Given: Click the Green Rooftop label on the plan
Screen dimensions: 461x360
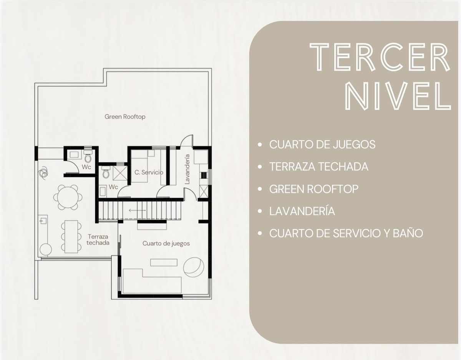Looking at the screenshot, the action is point(125,117).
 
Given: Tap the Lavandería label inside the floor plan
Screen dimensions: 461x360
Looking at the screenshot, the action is point(187,169).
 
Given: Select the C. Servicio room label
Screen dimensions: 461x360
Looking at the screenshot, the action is point(149,172).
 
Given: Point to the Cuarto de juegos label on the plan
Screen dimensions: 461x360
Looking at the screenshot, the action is point(166,243).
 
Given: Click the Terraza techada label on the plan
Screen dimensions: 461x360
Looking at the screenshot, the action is point(98,239).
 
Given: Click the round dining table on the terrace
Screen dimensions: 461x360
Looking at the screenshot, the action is point(68,197).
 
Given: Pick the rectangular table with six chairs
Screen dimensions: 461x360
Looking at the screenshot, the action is point(71,237).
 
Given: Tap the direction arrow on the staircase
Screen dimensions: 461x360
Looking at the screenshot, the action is point(137,210).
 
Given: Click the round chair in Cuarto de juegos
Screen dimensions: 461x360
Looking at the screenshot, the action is point(194,267).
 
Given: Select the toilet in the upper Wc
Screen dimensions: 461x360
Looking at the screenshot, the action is point(88,156).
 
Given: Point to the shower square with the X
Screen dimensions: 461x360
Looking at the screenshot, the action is point(120,173).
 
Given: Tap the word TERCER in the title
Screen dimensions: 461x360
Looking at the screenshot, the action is point(380,57).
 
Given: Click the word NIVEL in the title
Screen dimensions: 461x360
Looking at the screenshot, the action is point(398,96).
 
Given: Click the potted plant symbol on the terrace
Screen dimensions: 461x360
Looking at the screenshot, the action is point(43,173).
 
